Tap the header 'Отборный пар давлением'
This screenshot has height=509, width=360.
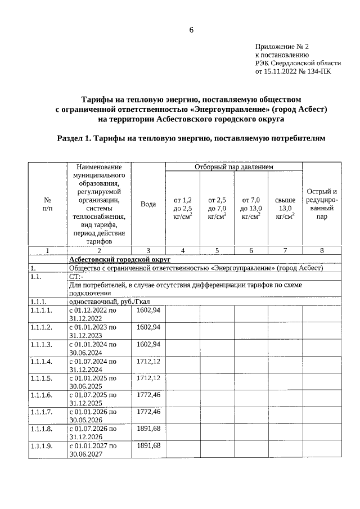coord(233,167)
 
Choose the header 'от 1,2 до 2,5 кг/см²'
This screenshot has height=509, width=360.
coord(183,208)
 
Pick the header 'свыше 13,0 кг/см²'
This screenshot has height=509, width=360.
coord(285,208)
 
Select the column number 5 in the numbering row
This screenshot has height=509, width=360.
coord(217,250)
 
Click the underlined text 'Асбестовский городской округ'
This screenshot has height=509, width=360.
coord(119,259)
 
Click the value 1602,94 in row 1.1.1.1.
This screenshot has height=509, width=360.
coord(148,310)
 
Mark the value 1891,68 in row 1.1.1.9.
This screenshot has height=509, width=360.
coord(148,445)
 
